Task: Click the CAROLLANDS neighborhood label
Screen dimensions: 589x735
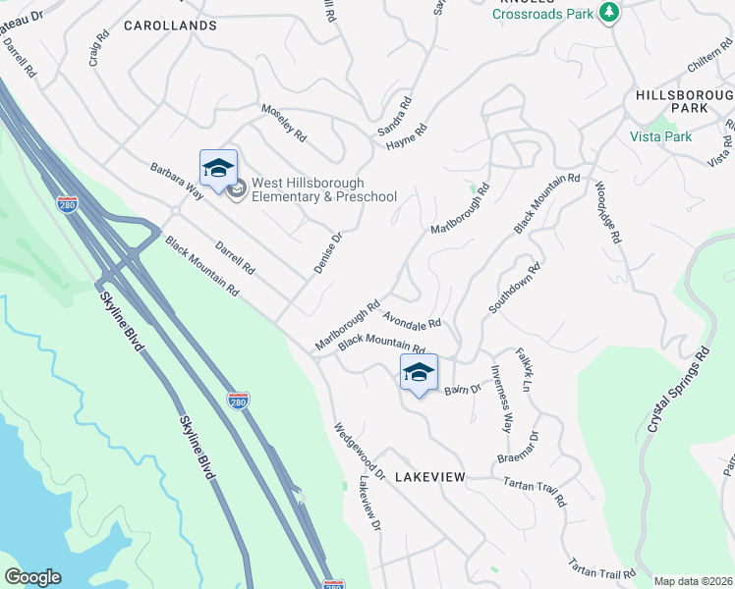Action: (x=170, y=26)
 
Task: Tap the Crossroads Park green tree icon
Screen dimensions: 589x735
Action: (x=610, y=12)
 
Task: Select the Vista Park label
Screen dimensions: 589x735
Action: (x=660, y=136)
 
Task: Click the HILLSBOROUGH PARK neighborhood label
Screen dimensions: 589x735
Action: (x=685, y=100)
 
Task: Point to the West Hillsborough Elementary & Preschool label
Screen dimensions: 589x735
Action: (x=324, y=189)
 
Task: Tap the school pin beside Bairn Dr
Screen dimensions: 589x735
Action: (x=419, y=373)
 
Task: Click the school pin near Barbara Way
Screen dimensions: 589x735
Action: (x=218, y=169)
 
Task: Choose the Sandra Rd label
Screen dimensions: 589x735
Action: (x=395, y=115)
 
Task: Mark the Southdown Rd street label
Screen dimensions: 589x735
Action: (x=515, y=288)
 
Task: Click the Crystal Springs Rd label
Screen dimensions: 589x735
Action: (x=678, y=391)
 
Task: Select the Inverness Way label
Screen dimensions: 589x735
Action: (x=502, y=400)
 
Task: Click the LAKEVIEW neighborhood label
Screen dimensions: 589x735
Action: (x=429, y=476)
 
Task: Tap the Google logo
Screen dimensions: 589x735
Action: (x=32, y=577)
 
